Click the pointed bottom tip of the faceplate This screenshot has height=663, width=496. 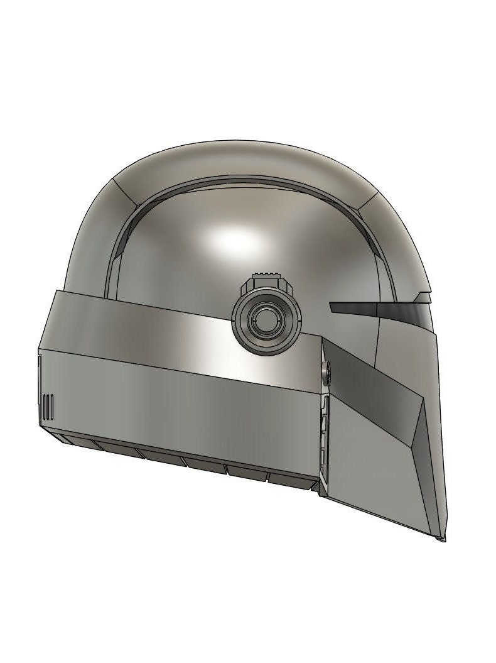click(x=443, y=539)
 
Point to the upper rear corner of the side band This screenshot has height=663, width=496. click(x=57, y=292)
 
